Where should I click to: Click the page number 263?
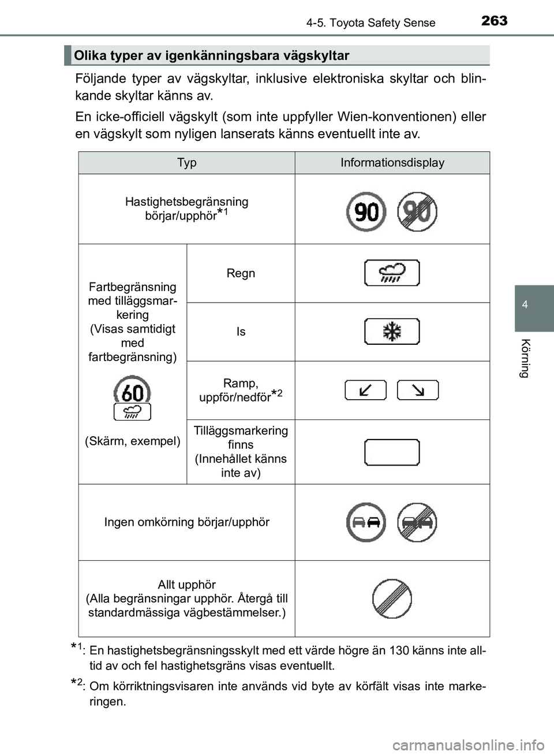(x=494, y=21)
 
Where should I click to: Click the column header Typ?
(x=186, y=162)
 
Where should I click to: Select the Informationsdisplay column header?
(x=392, y=162)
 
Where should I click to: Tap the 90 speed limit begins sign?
(x=366, y=212)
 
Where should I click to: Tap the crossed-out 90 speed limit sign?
(x=417, y=212)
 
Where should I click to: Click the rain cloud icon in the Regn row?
(x=392, y=273)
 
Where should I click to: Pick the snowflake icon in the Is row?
(x=392, y=332)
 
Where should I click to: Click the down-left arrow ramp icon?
(x=365, y=390)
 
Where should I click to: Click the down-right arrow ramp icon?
(x=418, y=390)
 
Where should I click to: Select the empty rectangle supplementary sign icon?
(x=392, y=452)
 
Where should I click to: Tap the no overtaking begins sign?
(x=366, y=522)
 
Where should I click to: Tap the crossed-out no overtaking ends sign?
(x=417, y=522)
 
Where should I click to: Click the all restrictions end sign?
(x=392, y=599)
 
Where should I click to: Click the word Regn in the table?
(x=241, y=273)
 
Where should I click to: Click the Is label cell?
(x=241, y=332)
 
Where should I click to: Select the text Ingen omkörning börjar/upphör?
(x=186, y=522)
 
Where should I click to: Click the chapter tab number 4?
(x=525, y=304)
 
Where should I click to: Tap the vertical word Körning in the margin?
(x=525, y=358)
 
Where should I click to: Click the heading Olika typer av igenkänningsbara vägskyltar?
(x=212, y=55)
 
